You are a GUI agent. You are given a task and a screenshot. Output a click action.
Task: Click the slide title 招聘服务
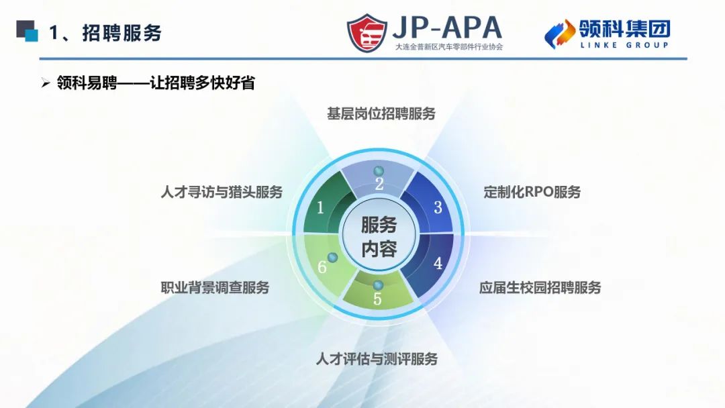(122, 33)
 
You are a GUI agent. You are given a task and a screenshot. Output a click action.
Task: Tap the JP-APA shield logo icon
(367, 33)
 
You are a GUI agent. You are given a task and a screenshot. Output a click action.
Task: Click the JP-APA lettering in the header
(446, 28)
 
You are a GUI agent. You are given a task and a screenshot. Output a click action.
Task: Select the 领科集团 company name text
(624, 28)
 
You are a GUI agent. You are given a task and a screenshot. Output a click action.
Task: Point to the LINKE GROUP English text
(624, 45)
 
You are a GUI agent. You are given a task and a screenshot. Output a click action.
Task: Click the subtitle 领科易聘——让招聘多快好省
(155, 83)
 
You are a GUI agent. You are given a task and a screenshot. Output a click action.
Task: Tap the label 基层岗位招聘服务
(381, 113)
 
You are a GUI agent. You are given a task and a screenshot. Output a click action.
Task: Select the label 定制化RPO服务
(532, 192)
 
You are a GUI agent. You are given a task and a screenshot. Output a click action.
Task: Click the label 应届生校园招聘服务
(540, 288)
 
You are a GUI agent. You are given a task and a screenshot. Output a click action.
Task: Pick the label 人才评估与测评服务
(377, 359)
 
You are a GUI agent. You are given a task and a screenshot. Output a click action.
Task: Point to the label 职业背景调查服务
(215, 288)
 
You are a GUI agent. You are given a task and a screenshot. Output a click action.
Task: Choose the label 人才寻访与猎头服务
(222, 192)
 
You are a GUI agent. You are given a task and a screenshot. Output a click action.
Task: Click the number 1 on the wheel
(320, 208)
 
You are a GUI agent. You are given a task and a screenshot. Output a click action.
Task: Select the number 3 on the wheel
(438, 207)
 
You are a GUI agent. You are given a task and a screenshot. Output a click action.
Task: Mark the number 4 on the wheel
(438, 264)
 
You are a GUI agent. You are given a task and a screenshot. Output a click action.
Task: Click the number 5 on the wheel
(377, 299)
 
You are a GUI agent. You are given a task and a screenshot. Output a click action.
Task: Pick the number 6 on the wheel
(322, 267)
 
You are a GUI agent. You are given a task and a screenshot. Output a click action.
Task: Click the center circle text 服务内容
(379, 237)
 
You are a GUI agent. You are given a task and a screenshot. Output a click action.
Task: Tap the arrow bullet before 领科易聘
(46, 84)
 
